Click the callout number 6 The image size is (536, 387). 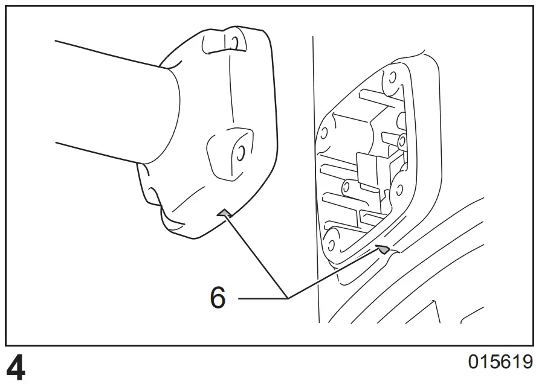coord(218,298)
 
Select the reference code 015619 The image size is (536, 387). coord(500,363)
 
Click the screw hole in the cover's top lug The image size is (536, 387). coord(230,42)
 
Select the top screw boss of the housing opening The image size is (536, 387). coord(390,77)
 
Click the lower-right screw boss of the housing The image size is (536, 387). coord(398,191)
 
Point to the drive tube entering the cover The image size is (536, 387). coord(115,103)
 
